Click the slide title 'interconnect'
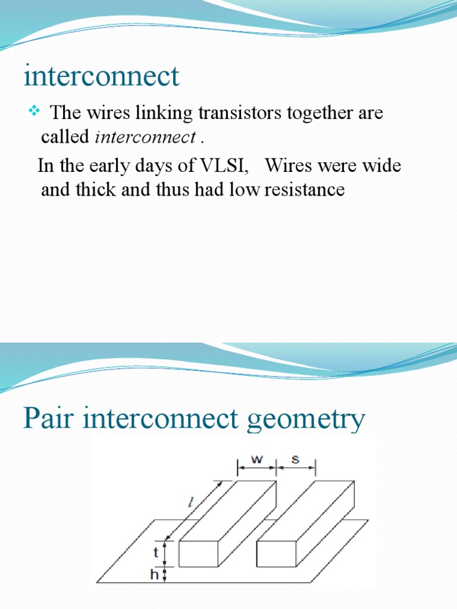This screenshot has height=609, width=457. pos(101,77)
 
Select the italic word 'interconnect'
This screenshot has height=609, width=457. pos(145,138)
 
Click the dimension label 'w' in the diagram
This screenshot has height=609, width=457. pos(256,459)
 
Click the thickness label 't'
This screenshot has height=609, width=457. pos(156,553)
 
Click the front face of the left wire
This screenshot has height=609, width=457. pos(199,554)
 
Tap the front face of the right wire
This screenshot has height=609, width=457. pos(277,554)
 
